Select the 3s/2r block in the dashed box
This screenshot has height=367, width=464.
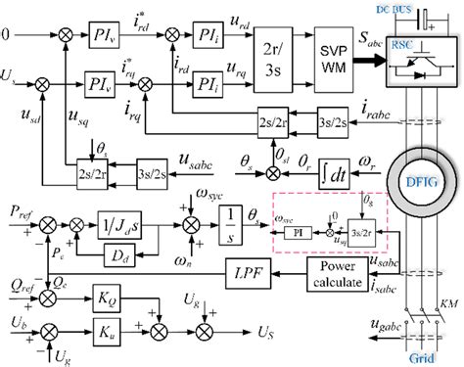click(365, 231)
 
